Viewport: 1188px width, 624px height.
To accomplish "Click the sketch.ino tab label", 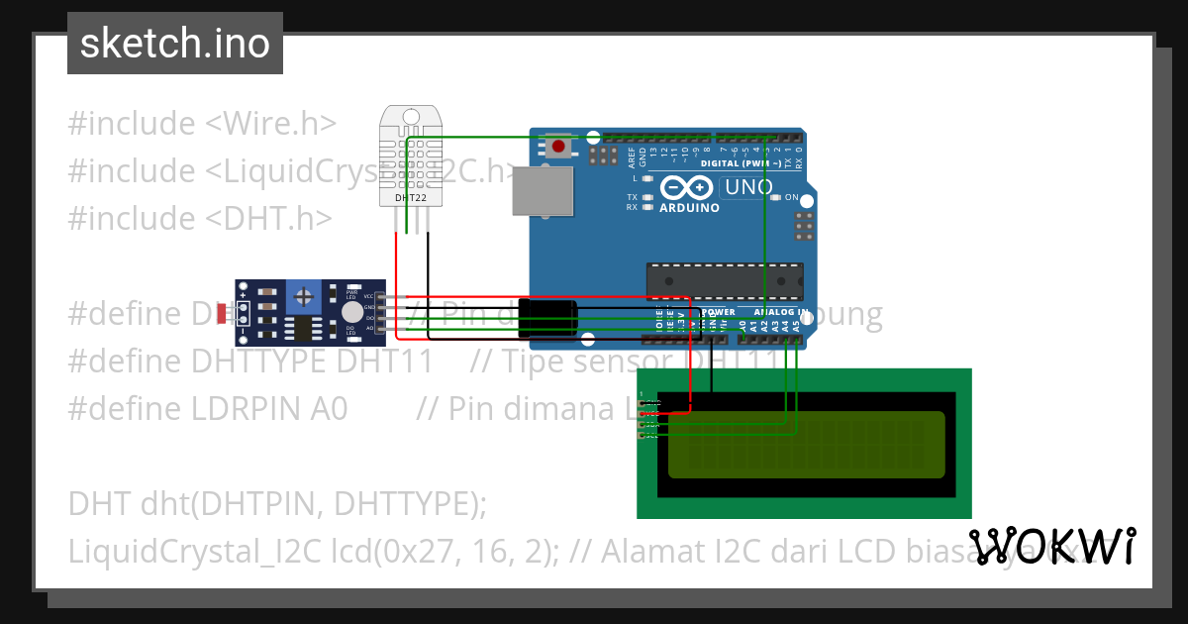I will [x=175, y=44].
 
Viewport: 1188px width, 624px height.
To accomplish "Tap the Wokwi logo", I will [x=1051, y=547].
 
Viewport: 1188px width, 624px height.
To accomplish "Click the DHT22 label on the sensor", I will [x=410, y=197].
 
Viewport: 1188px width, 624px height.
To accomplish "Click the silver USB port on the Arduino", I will [x=543, y=190].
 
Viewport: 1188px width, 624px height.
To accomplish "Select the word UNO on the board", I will [x=748, y=187].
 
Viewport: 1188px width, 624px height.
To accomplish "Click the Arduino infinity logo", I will [x=686, y=187].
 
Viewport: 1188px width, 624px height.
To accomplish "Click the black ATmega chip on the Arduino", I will [x=724, y=280].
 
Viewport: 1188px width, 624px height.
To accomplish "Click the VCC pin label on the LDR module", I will [x=368, y=296].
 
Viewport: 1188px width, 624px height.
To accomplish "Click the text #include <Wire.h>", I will [x=202, y=124].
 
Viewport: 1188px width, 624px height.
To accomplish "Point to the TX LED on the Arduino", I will [x=647, y=197].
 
